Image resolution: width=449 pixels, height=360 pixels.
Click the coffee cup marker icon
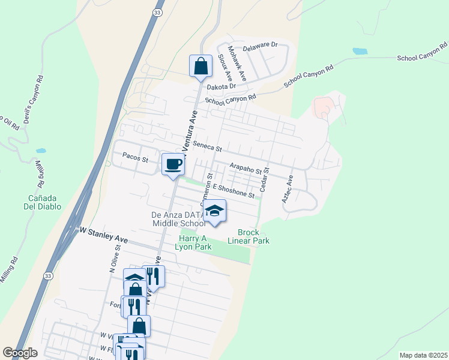point(173,164)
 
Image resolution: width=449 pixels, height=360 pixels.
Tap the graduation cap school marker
point(214,211)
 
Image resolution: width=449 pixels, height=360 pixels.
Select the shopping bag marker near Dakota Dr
point(200,66)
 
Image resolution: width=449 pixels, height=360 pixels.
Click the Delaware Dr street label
point(261,45)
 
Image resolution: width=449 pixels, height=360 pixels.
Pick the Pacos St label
point(135,159)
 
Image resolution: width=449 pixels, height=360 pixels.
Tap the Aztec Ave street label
point(287,188)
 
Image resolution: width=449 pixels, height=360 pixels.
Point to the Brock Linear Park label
point(249,236)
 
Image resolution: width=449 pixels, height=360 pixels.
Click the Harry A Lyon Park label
point(194,242)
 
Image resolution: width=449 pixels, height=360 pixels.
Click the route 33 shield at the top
point(158,12)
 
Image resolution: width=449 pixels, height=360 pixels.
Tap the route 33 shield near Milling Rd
point(47,275)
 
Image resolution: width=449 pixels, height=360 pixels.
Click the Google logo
point(20,353)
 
